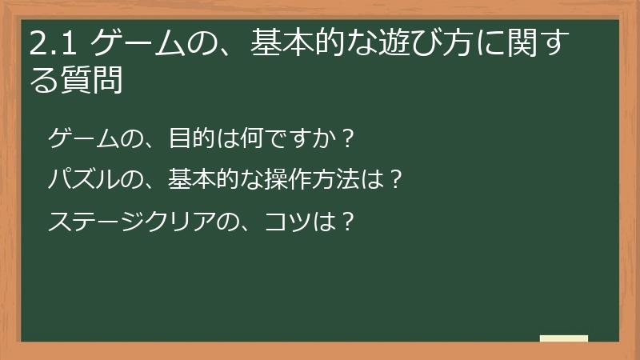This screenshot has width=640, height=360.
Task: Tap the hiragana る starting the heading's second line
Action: point(45,80)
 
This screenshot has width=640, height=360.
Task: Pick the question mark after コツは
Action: point(346,220)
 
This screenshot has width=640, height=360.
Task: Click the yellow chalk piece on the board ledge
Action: point(563,338)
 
